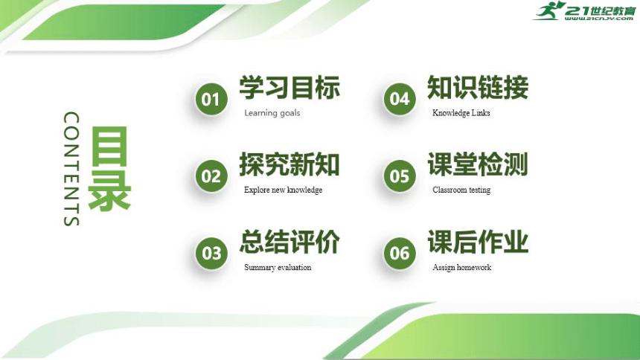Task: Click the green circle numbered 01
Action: tap(211, 100)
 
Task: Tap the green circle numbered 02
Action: tap(211, 176)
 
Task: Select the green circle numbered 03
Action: tap(211, 253)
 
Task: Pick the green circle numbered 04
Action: tap(400, 100)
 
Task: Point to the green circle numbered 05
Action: tap(400, 176)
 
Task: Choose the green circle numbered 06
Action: tap(400, 253)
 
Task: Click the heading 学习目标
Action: tap(289, 88)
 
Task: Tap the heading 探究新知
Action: tap(289, 164)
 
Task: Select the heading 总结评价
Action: tap(289, 242)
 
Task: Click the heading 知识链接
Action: tap(478, 88)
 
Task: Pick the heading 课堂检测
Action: tap(478, 164)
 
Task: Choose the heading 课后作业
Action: tap(478, 242)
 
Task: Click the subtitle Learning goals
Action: tap(272, 113)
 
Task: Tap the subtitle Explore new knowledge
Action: tap(283, 190)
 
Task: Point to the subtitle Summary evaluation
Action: tap(278, 267)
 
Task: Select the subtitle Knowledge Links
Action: tap(461, 113)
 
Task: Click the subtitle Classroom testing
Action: tap(461, 190)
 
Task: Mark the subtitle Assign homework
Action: tap(461, 267)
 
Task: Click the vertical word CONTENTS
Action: tap(71, 169)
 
